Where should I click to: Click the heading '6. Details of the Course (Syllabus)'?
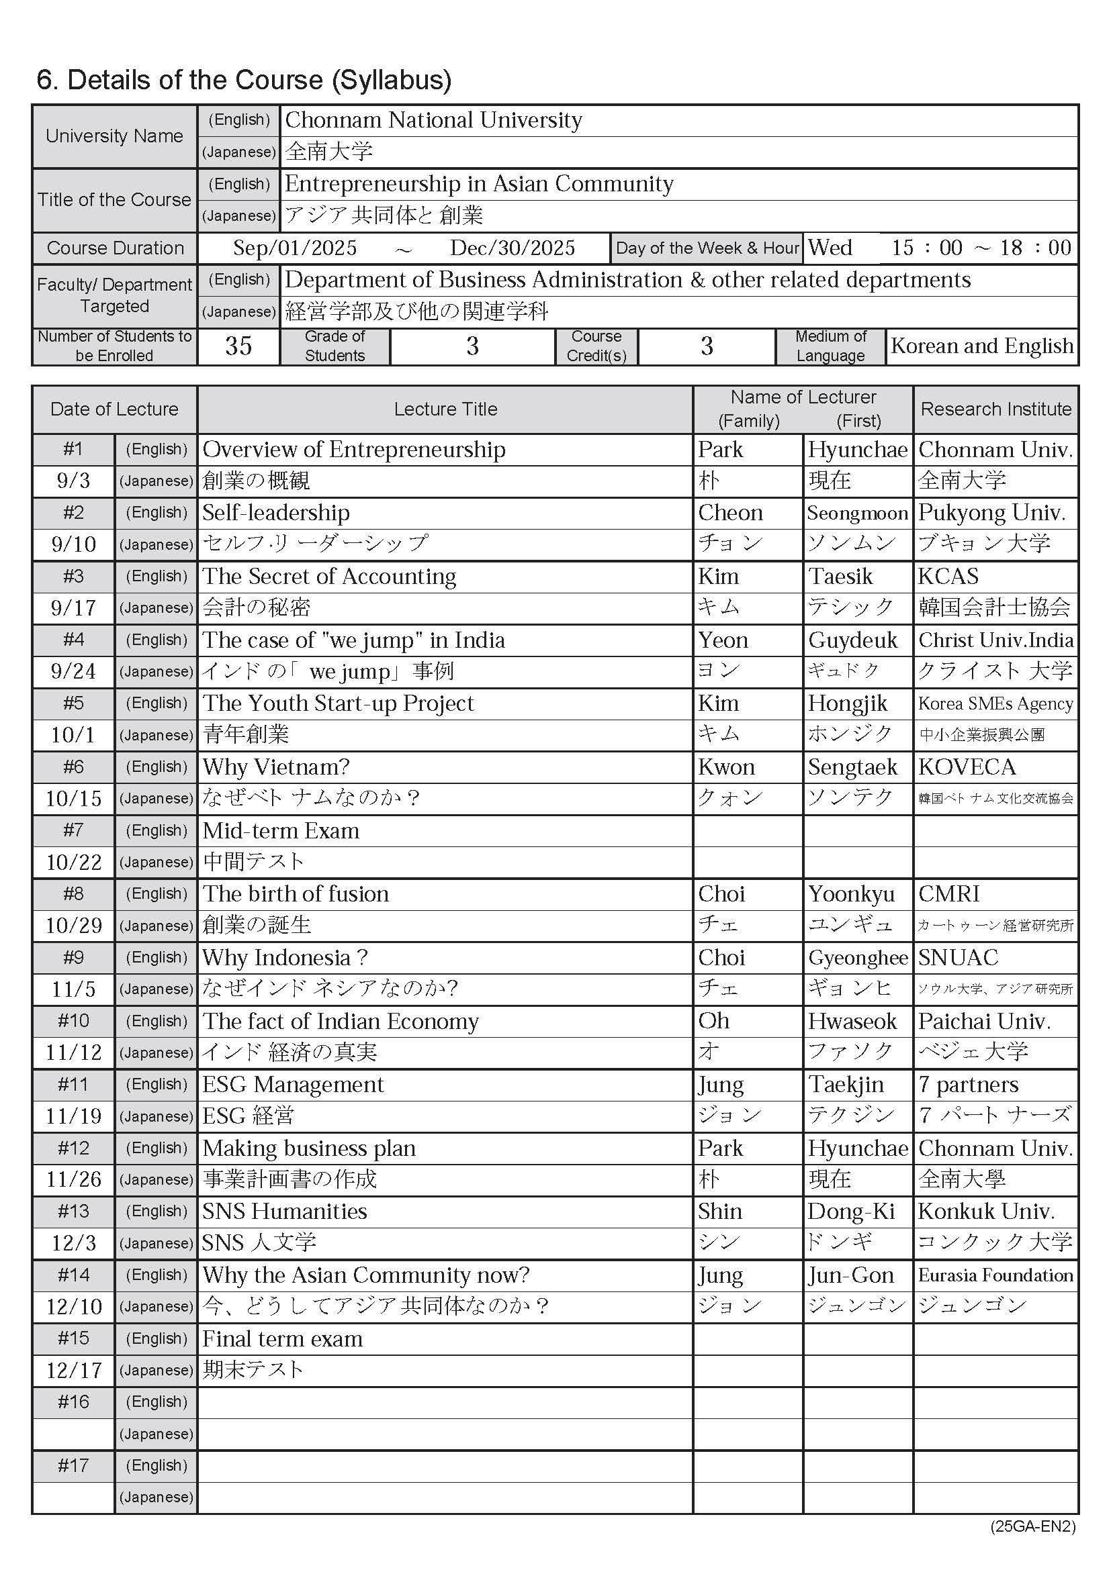click(244, 80)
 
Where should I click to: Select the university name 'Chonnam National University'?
click(433, 120)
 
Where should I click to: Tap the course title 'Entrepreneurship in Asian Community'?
click(479, 184)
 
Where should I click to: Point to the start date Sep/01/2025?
click(295, 248)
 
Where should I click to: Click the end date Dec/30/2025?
click(513, 248)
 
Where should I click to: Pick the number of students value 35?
click(238, 346)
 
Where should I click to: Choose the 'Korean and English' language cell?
click(982, 346)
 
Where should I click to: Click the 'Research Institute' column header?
click(995, 409)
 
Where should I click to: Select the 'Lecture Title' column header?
click(445, 409)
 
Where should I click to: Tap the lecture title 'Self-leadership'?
click(275, 513)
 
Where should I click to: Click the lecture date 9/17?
click(73, 608)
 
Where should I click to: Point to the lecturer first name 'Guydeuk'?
click(852, 640)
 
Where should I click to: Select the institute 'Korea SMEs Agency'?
click(995, 703)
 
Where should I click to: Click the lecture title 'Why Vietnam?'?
click(275, 767)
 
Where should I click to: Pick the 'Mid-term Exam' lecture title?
click(281, 831)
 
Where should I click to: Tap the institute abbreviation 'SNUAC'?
click(958, 957)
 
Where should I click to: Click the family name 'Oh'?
click(713, 1021)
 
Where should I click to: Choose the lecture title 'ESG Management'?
click(293, 1085)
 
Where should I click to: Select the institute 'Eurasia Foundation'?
click(995, 1275)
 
